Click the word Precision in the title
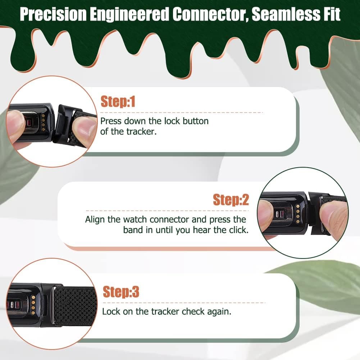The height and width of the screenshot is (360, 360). (53, 14)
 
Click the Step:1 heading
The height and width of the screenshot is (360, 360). (118, 102)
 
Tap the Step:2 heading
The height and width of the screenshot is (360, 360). (231, 200)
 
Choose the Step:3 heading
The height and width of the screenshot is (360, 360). (121, 292)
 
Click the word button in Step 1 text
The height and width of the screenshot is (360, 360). (196, 121)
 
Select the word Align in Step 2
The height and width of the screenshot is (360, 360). (95, 220)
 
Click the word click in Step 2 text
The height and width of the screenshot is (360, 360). (239, 230)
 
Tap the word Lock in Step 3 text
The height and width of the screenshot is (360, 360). (111, 311)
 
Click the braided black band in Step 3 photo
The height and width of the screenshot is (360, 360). (74, 306)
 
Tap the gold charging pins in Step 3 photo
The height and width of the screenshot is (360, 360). (33, 305)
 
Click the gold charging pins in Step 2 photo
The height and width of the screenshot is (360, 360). (298, 214)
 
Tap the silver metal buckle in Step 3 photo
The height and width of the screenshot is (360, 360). (53, 305)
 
